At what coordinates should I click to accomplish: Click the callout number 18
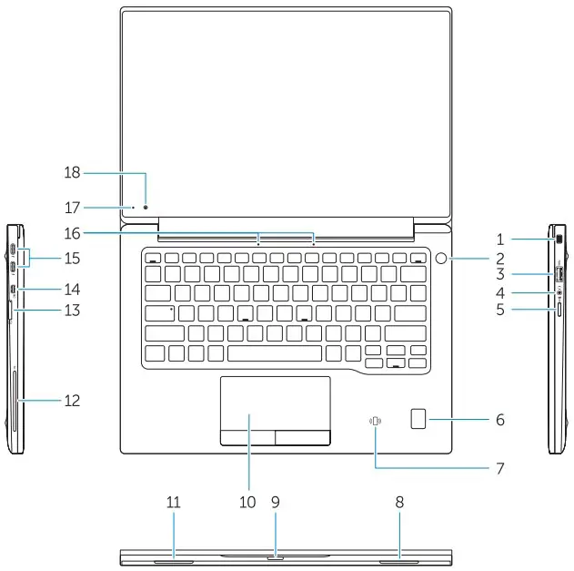[x=74, y=172]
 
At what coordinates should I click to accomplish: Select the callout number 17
[x=74, y=207]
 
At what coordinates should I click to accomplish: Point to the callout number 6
[x=499, y=420]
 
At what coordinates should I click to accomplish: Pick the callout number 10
[x=247, y=502]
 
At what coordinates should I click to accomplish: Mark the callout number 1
[x=499, y=240]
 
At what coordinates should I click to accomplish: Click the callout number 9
[x=277, y=502]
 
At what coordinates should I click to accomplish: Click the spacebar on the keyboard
[x=274, y=352]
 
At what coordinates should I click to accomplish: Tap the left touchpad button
[x=247, y=438]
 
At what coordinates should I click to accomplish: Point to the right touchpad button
[x=303, y=438]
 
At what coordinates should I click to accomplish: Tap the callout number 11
[x=173, y=502]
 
